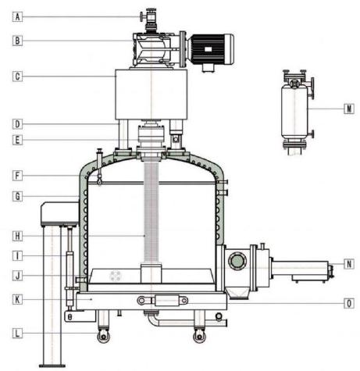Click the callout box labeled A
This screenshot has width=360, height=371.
tap(17, 17)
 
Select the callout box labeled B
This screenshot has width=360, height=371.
tap(17, 41)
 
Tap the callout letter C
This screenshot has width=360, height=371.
tap(17, 77)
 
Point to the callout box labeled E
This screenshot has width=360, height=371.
tap(17, 140)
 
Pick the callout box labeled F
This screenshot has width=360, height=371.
tap(17, 176)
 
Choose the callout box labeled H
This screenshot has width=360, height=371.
tap(17, 236)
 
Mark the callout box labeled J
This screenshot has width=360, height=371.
tap(17, 276)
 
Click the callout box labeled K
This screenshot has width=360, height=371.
tap(17, 300)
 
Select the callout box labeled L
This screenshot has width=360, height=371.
tap(17, 334)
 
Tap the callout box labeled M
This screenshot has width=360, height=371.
tap(349, 109)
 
